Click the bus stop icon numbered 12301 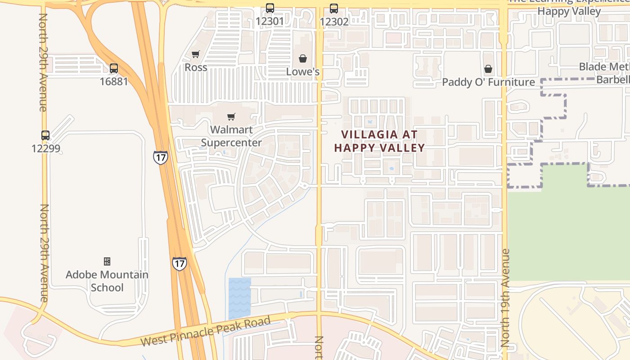coord(270,8)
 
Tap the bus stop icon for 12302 coord(333,8)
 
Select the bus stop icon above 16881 coord(114,68)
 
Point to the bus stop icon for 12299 coord(45,135)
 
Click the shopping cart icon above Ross coord(196,54)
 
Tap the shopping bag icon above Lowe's coord(303,58)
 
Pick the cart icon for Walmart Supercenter coord(231,117)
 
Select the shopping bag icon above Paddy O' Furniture coord(488,69)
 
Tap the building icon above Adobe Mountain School coord(107,261)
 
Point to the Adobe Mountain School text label coord(107,281)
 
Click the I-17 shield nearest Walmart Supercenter coord(160,157)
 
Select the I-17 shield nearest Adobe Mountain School coord(179,263)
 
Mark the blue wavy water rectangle coord(239,298)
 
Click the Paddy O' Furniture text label coord(488,82)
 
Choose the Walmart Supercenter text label coord(231,136)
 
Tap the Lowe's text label coord(303,72)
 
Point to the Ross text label coord(196,67)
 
